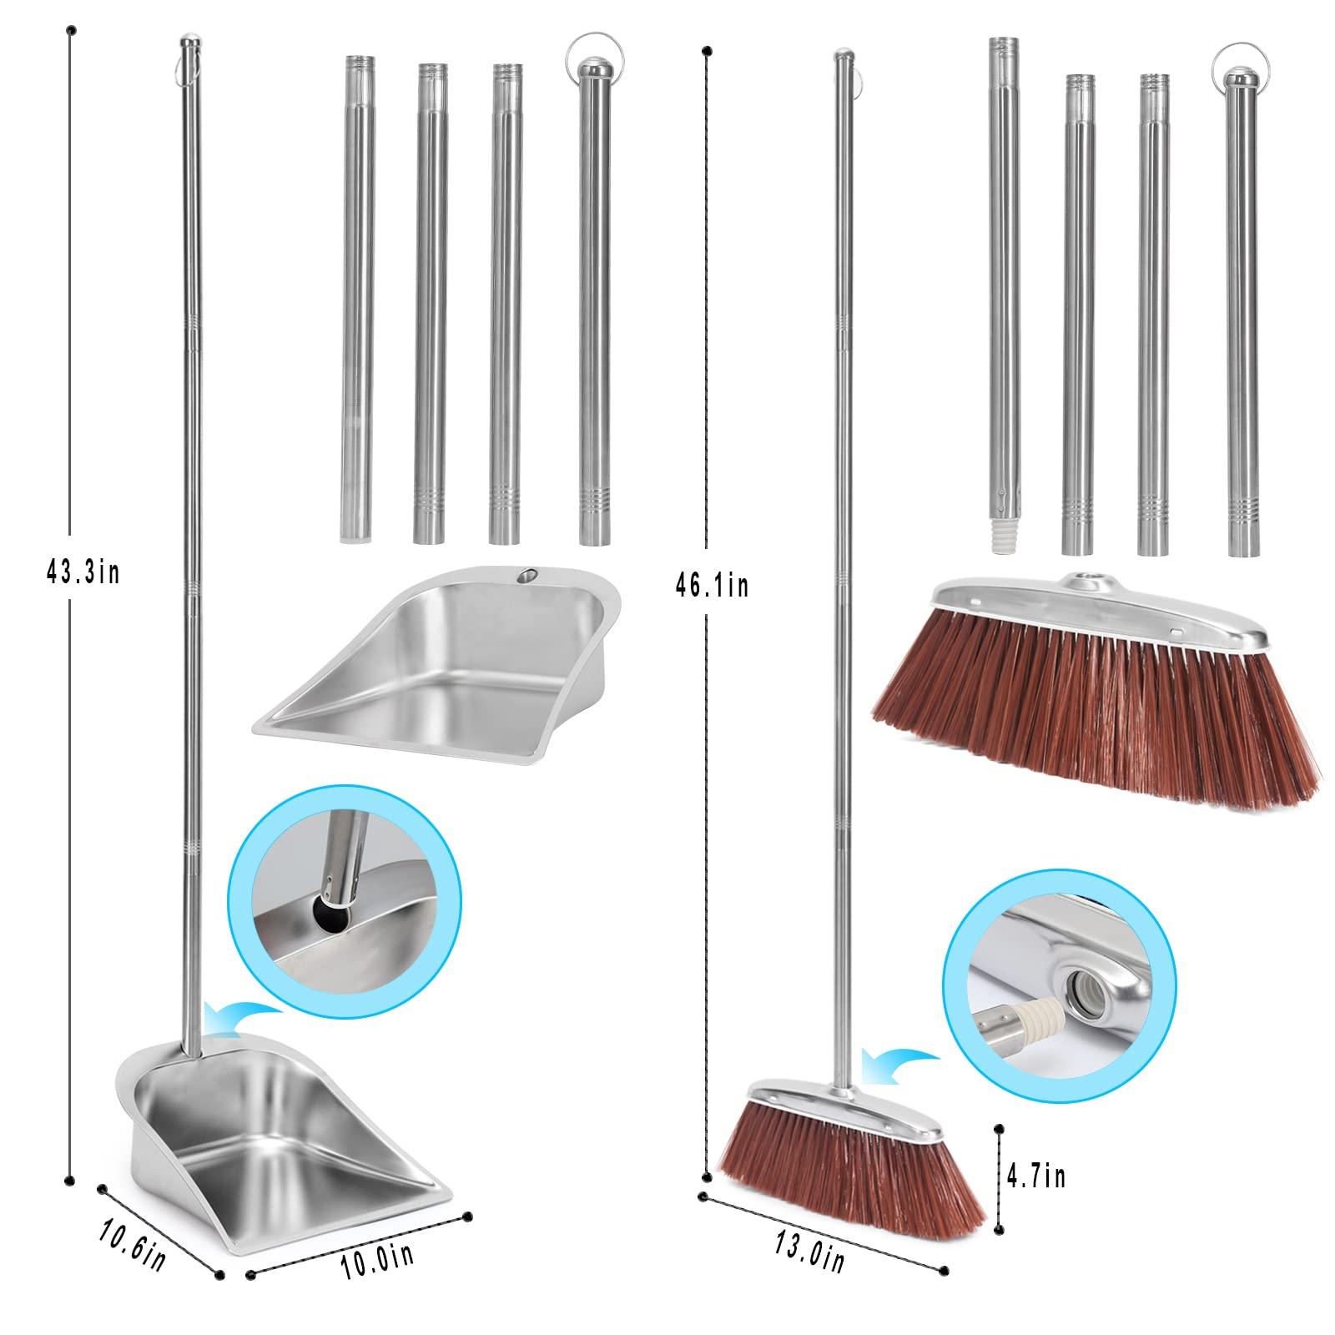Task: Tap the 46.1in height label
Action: coord(712,587)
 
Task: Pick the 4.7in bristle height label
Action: coord(1035,1176)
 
